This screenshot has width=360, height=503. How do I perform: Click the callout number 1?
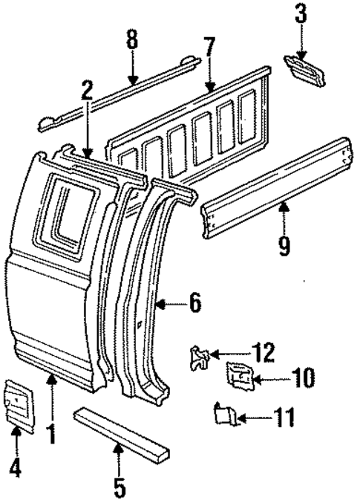(51, 433)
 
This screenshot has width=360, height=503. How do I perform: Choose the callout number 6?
(194, 302)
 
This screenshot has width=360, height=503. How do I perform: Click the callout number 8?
(132, 39)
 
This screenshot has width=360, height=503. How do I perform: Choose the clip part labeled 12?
(200, 358)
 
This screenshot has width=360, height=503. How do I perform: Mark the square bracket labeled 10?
(238, 377)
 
